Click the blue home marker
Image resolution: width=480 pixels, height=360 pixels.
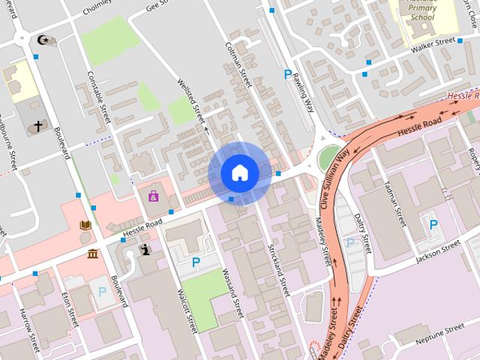pyautogui.click(x=239, y=173)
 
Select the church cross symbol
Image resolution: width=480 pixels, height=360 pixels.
pyautogui.click(x=38, y=127)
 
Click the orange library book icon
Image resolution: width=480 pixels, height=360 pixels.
pyautogui.click(x=85, y=224)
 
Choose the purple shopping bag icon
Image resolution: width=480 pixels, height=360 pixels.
pyautogui.click(x=153, y=196)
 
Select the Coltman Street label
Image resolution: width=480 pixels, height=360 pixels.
pyautogui.click(x=236, y=64)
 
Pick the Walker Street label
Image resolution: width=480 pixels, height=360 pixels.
pyautogui.click(x=433, y=44)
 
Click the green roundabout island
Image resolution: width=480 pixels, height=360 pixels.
pyautogui.click(x=328, y=158)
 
